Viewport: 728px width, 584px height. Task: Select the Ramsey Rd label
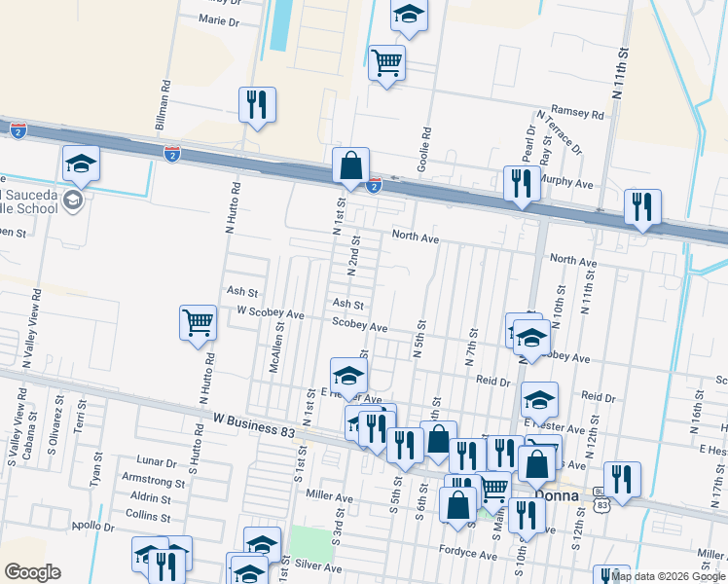tap(577, 114)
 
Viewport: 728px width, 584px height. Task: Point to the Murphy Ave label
tap(566, 183)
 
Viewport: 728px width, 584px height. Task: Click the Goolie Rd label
tap(423, 153)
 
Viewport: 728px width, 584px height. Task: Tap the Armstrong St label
tap(152, 482)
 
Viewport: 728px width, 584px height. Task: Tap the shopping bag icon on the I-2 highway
tap(351, 166)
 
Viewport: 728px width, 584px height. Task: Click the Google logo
tap(33, 572)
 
